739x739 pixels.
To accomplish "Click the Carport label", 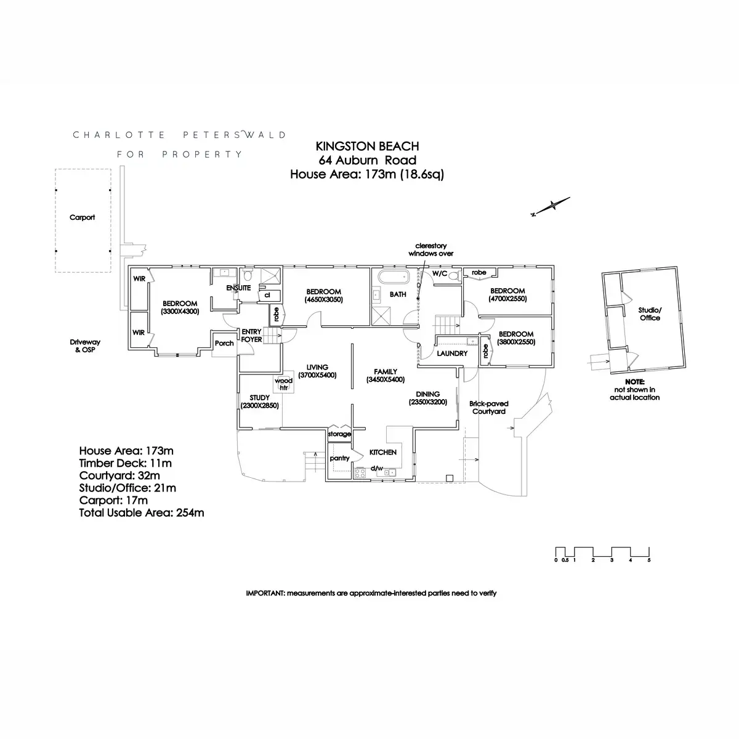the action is point(82,217).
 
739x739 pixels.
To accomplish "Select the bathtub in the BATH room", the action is point(394,277).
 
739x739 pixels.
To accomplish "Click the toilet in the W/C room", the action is point(454,276).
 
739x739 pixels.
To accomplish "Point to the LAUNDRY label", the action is point(452,353).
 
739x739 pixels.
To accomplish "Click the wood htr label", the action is point(283,384).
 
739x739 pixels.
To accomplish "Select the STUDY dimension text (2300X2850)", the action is point(260,405).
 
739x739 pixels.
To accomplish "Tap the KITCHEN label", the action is point(382,452).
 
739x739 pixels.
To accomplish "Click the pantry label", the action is point(339,458).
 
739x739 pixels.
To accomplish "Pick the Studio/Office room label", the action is point(650,313).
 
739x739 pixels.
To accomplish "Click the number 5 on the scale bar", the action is point(649,560).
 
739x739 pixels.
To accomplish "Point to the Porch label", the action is point(224,343).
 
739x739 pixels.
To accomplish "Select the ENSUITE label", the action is point(238,288).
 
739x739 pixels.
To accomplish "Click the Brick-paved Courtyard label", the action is point(488,407).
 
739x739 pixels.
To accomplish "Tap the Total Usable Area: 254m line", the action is point(142,513).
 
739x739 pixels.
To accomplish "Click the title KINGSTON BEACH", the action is point(367,146).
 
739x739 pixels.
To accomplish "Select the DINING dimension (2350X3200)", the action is point(427,402).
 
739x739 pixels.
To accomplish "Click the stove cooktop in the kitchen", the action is point(360,472).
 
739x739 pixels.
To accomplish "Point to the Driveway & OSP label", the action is point(85,345).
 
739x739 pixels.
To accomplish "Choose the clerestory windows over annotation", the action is point(430,249).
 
